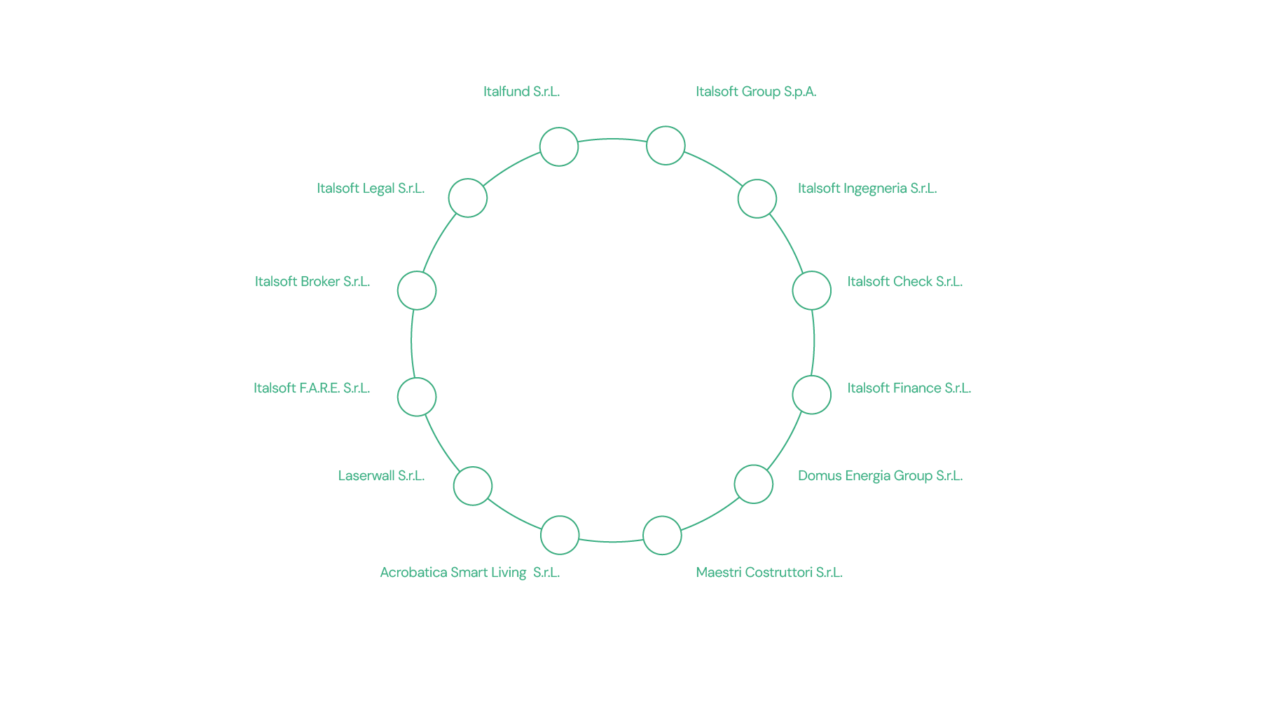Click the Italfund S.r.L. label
pyautogui.click(x=521, y=92)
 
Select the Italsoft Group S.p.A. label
pyautogui.click(x=755, y=92)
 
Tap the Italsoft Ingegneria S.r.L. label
pyautogui.click(x=867, y=189)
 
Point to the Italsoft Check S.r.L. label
pyautogui.click(x=904, y=282)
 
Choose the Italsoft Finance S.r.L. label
pyautogui.click(x=909, y=388)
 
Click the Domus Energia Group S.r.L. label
pyautogui.click(x=880, y=476)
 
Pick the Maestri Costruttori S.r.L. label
pyautogui.click(x=769, y=573)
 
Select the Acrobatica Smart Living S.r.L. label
pyautogui.click(x=469, y=573)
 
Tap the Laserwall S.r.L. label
pyautogui.click(x=381, y=476)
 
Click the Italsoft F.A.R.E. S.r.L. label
pyautogui.click(x=312, y=388)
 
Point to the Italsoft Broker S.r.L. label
pyautogui.click(x=312, y=282)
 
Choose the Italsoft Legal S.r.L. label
pyautogui.click(x=370, y=189)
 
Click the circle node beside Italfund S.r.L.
pyautogui.click(x=559, y=147)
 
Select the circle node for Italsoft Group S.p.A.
pyautogui.click(x=666, y=146)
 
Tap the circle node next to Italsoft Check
pyautogui.click(x=812, y=290)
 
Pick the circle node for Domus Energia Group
pyautogui.click(x=754, y=484)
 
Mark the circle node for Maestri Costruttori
pyautogui.click(x=662, y=536)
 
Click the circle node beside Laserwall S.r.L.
pyautogui.click(x=473, y=486)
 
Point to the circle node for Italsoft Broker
pyautogui.click(x=417, y=290)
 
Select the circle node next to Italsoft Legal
pyautogui.click(x=468, y=198)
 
